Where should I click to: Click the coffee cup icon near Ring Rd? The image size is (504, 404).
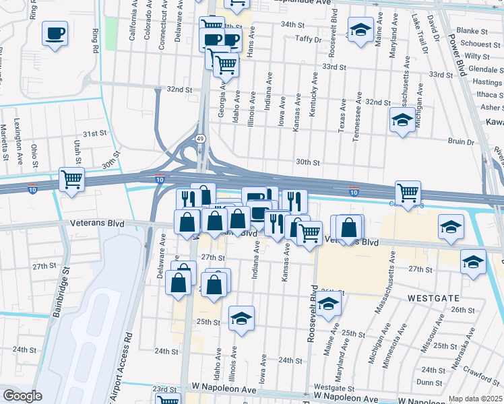click(x=55, y=33)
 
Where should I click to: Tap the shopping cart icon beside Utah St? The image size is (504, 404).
click(x=71, y=179)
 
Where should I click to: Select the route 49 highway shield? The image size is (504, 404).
click(x=201, y=138)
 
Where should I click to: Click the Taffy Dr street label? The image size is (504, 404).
click(x=308, y=39)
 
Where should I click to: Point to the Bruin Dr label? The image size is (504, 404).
click(x=461, y=141)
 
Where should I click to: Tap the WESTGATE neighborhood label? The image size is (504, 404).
click(x=433, y=297)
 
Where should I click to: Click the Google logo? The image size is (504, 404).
click(x=22, y=396)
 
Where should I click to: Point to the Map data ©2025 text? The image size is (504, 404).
click(x=475, y=399)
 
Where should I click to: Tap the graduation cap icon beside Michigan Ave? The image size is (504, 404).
click(x=402, y=121)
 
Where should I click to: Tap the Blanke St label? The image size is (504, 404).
click(x=472, y=31)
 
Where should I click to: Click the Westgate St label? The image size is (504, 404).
click(x=330, y=388)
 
